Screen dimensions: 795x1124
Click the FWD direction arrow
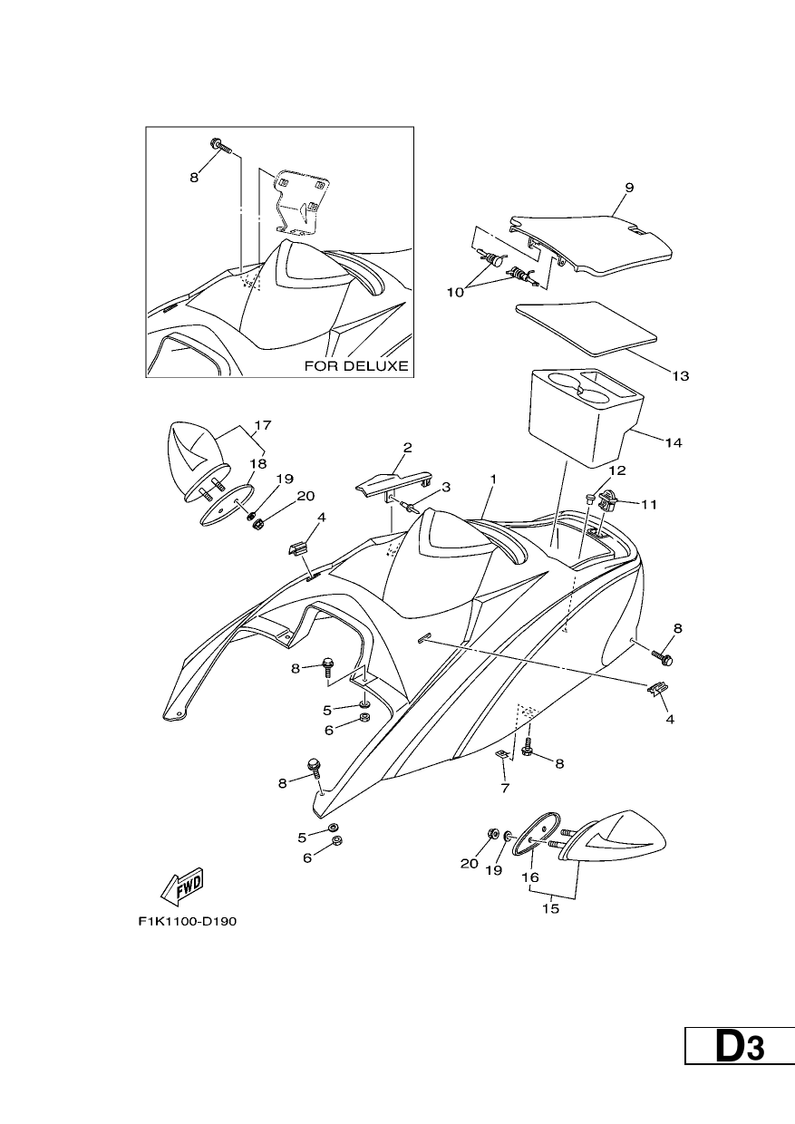click(x=180, y=887)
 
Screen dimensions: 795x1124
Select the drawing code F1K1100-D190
click(x=188, y=922)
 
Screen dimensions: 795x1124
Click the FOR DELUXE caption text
click(x=356, y=366)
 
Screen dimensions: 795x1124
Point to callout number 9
click(x=629, y=188)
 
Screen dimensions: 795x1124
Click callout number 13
click(x=681, y=376)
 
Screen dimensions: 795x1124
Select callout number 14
click(x=674, y=442)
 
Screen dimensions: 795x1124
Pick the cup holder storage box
click(x=587, y=415)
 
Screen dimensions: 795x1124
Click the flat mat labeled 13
click(x=587, y=328)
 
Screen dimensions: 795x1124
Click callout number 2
click(x=408, y=447)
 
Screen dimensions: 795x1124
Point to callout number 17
click(x=263, y=425)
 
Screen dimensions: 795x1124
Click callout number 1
click(x=493, y=480)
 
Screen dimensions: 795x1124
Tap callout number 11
click(x=649, y=504)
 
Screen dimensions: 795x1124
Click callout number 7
click(x=505, y=789)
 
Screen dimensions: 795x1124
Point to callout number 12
click(x=618, y=470)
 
